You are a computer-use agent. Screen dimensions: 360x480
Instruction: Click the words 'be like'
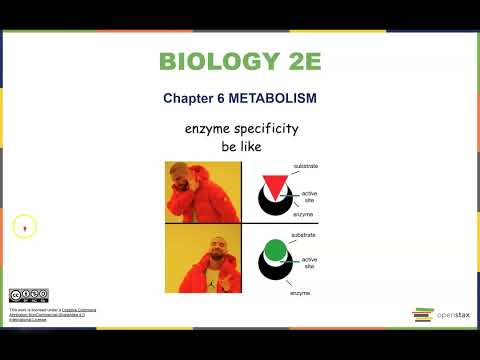pyautogui.click(x=241, y=146)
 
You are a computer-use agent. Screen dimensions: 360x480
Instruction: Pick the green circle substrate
pyautogui.click(x=274, y=250)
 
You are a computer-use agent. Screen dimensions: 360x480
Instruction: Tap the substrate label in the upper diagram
pyautogui.click(x=305, y=164)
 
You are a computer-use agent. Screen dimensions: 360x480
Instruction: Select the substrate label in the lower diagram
pyautogui.click(x=303, y=235)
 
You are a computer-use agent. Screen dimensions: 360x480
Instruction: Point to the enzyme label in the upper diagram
pyautogui.click(x=304, y=214)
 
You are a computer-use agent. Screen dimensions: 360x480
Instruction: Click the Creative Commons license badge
pyautogui.click(x=28, y=295)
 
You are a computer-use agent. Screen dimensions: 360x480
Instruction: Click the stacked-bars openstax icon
pyautogui.click(x=423, y=316)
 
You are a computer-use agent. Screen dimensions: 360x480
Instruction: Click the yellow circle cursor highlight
pyautogui.click(x=24, y=227)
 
